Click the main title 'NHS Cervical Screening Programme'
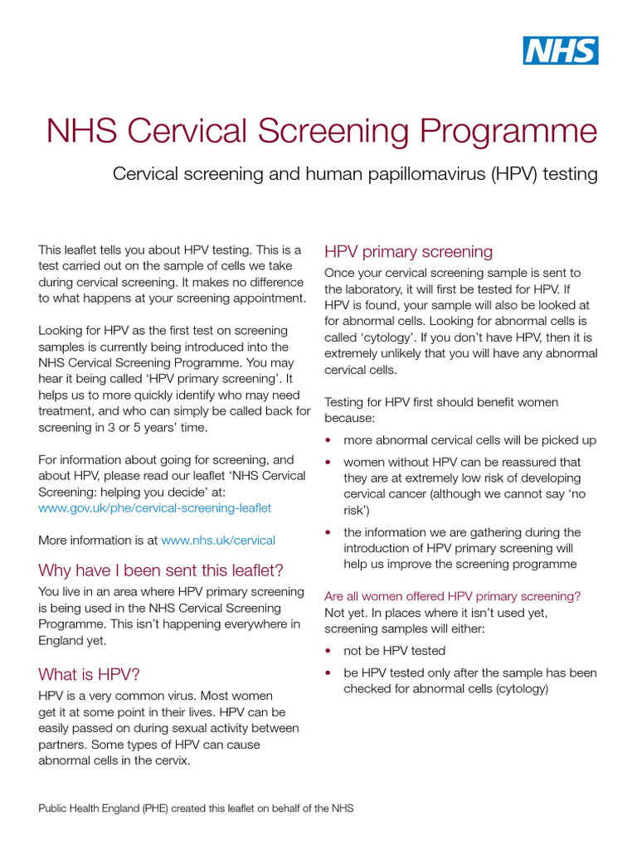321,131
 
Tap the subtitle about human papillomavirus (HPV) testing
355,174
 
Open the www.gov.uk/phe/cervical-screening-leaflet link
155,507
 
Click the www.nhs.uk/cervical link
218,540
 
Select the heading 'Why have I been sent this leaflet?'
161,570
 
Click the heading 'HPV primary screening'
408,251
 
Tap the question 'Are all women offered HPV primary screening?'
452,596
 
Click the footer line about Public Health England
196,808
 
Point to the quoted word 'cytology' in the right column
394,337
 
